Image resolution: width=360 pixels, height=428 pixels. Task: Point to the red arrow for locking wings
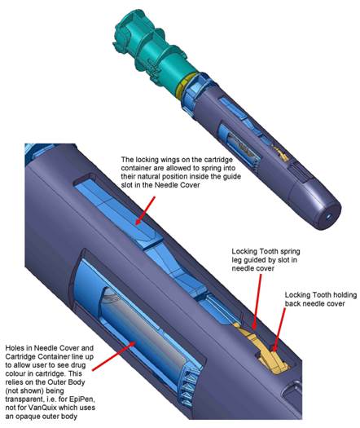[145, 210]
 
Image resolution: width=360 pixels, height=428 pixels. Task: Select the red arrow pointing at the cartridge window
[114, 355]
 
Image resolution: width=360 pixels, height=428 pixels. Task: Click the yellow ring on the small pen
[186, 86]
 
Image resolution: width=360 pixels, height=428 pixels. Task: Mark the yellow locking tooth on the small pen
[281, 155]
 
